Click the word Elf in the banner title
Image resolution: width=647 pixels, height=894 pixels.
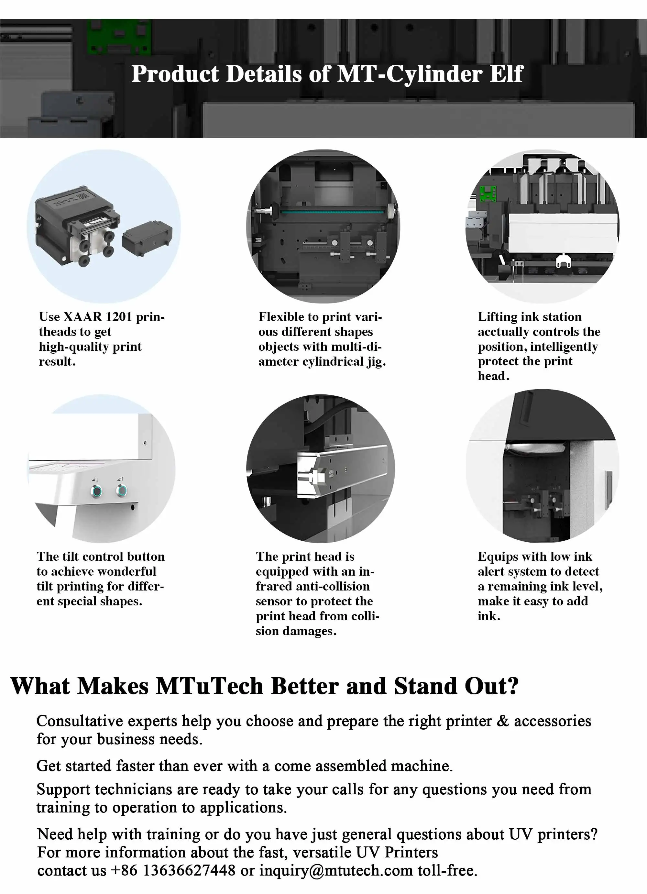click(506, 74)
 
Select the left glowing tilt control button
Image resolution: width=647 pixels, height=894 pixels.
click(96, 491)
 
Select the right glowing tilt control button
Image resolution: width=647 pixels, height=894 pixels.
click(121, 491)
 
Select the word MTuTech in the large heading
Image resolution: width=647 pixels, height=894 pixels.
click(209, 686)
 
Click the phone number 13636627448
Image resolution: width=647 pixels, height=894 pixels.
click(189, 870)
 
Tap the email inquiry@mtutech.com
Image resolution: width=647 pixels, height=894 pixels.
click(336, 870)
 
